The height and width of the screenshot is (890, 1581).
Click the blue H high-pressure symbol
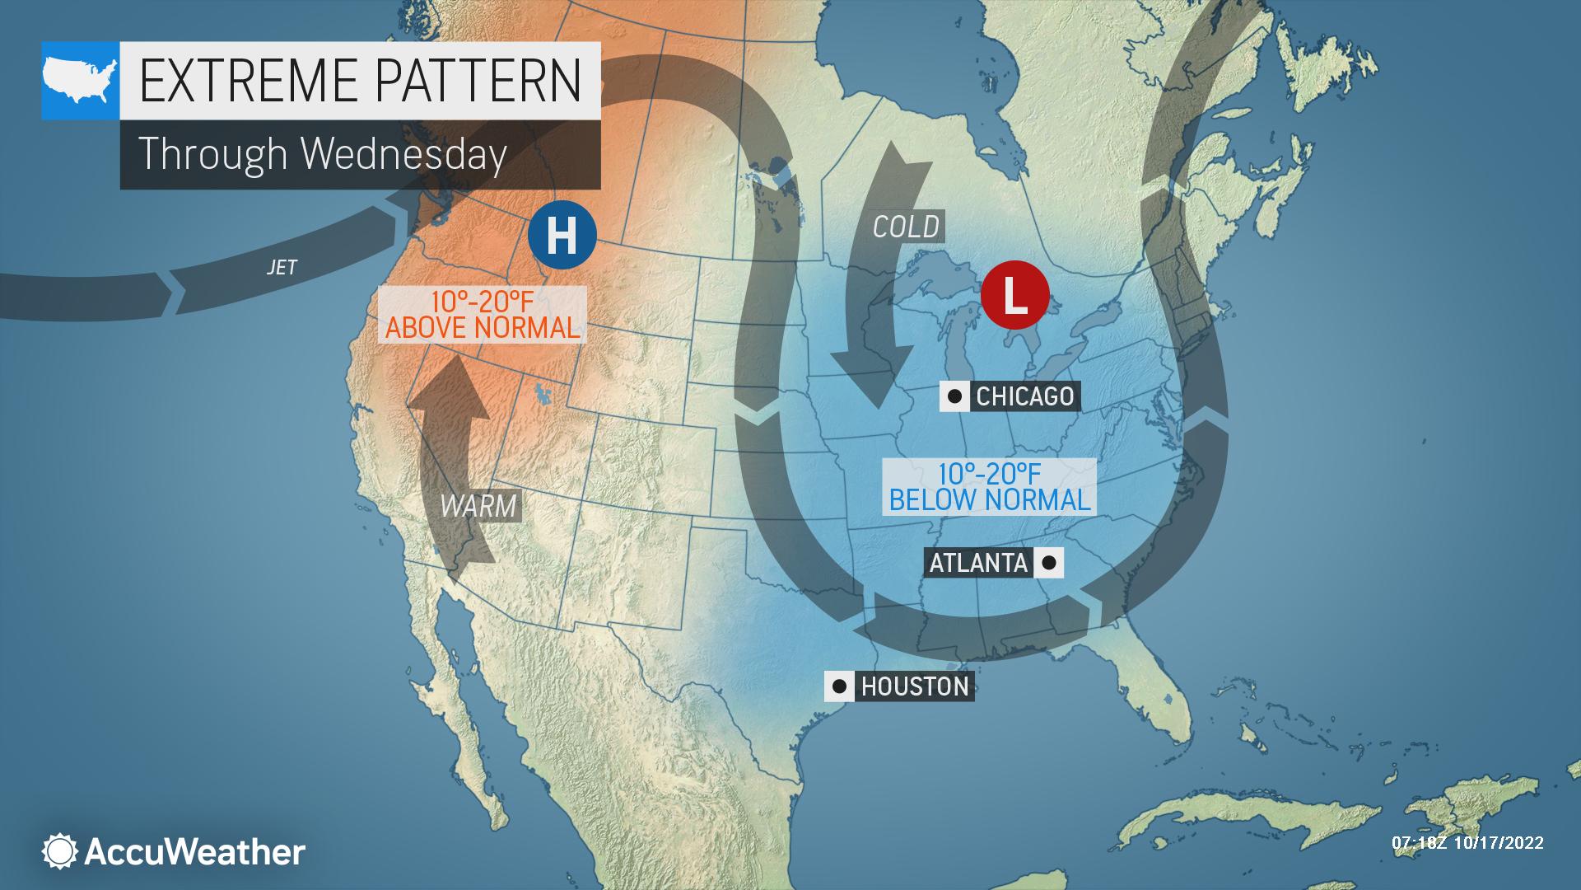pos(562,235)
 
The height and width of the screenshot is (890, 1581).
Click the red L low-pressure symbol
pos(1014,295)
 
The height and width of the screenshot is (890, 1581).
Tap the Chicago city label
pos(1024,396)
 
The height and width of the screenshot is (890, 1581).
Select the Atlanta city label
pos(978,563)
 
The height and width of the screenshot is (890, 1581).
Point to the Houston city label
pos(915,686)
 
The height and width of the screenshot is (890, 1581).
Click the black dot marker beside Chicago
pos(954,396)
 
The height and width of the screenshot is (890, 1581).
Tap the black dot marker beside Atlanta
pos(1049,563)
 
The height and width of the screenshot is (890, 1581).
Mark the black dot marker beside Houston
pos(839,686)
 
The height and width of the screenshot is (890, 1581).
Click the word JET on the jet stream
pos(282,267)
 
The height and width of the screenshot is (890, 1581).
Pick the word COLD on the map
pos(906,227)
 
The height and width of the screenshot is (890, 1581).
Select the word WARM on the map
pos(478,505)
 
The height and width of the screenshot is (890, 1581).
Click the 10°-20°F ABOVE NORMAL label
pos(483,314)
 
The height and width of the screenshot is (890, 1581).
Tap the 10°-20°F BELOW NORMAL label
pos(990,486)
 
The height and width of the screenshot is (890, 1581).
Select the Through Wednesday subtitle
pos(322,154)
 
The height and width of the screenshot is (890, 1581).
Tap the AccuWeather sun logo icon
pos(59,851)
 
